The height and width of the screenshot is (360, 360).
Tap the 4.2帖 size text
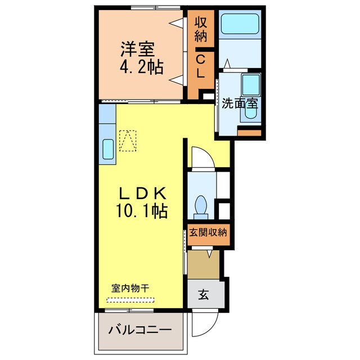coord(141,68)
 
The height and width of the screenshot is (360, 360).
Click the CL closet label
coord(201,65)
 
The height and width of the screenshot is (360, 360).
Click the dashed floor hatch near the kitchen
coord(128,141)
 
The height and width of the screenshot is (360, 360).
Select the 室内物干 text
coord(130,288)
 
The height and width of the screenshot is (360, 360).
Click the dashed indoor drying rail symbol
coord(133,299)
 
